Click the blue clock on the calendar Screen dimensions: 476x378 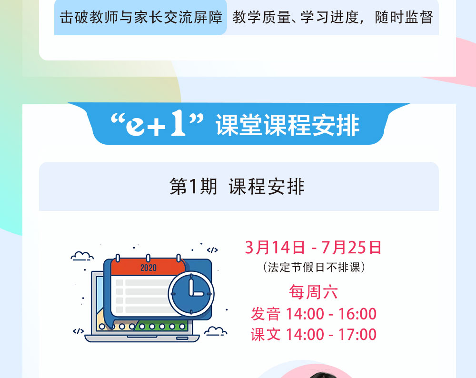191,294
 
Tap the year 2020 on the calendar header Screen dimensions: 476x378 149,268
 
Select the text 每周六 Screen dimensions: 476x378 313,292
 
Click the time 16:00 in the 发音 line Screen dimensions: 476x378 357,314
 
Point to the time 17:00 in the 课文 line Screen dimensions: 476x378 357,334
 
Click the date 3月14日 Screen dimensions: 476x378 275,247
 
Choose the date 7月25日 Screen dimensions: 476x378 352,247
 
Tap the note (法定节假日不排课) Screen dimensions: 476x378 314,268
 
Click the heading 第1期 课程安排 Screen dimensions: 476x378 237,187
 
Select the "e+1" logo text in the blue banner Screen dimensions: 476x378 157,124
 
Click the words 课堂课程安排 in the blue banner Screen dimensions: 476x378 288,125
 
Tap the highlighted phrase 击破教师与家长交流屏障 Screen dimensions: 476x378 141,17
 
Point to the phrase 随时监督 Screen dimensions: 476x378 404,17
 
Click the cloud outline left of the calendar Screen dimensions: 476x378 82,256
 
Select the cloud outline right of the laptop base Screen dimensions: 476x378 216,331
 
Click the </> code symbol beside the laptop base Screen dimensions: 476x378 79,331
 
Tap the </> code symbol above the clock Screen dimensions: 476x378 212,250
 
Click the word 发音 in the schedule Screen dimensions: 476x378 266,314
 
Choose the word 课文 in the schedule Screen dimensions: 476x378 266,334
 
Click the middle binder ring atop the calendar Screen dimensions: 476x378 148,259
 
